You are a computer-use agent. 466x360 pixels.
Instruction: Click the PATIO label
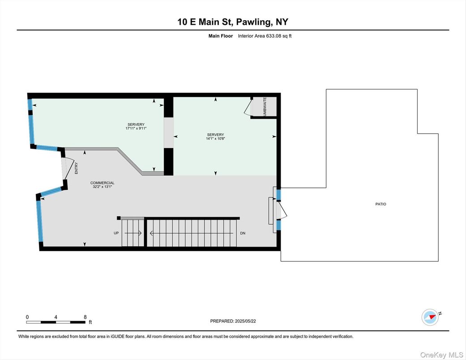click(380, 204)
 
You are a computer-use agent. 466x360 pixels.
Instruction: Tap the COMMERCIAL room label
click(102, 183)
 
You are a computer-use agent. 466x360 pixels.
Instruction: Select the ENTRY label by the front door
click(77, 168)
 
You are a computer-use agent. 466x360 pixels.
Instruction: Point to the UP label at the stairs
click(116, 233)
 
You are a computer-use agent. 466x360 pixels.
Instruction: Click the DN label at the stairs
click(243, 233)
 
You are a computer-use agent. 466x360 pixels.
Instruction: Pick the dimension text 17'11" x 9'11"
click(136, 129)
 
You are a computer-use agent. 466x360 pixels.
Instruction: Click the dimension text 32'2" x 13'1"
click(102, 187)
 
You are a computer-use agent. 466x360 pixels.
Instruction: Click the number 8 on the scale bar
click(85, 317)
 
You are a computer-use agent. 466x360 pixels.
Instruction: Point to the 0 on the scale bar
click(27, 317)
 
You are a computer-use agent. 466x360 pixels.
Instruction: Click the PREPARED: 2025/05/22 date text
click(233, 321)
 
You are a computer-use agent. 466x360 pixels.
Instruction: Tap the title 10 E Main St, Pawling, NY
click(233, 22)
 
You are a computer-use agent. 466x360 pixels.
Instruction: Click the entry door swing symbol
click(67, 168)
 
